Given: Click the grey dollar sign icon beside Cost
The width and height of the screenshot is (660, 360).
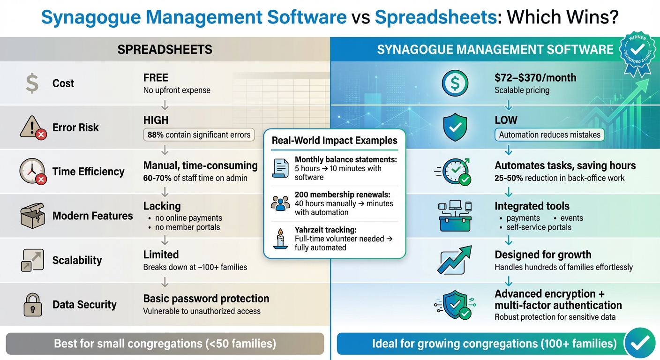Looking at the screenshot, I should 32,83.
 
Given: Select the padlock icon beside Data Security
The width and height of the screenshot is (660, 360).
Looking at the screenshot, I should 32,304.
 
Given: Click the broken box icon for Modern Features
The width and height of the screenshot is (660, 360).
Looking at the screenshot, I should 32,216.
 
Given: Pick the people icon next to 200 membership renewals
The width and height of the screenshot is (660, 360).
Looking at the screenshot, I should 280,203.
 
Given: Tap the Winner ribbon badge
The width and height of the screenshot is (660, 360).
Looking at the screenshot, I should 637,52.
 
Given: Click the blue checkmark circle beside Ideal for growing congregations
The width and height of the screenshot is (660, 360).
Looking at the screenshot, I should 640,344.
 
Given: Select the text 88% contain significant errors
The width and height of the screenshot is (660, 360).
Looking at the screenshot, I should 199,135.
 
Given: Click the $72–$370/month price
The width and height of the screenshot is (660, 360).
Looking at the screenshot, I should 535,78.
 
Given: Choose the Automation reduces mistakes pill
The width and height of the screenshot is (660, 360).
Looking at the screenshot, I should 549,135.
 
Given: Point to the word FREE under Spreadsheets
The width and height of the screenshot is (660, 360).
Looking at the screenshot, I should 156,78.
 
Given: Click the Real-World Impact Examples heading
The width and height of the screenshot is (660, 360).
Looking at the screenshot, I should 335,140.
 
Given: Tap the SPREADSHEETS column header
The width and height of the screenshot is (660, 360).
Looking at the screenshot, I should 165,49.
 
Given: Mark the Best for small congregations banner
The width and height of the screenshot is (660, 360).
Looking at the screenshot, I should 165,344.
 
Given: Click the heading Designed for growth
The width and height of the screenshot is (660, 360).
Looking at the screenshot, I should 543,255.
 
